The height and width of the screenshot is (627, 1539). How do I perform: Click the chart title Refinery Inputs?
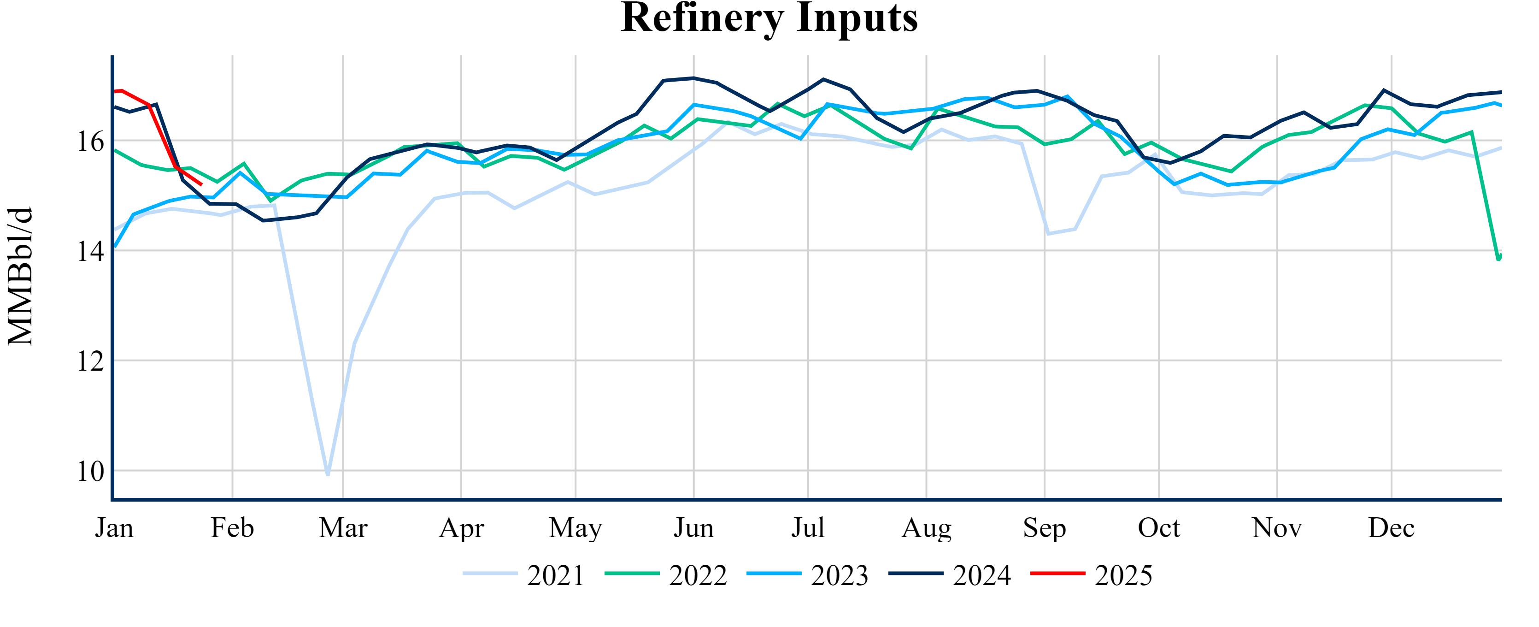click(769, 18)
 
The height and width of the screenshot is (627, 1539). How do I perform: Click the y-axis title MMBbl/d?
click(20, 277)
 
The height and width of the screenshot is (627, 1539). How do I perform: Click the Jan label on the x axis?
click(114, 528)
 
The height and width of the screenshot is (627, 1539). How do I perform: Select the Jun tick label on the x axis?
click(693, 528)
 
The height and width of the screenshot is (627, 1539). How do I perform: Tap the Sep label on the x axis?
click(1044, 528)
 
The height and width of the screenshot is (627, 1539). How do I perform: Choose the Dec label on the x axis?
click(1392, 528)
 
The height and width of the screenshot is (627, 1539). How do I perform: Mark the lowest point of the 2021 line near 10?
click(328, 474)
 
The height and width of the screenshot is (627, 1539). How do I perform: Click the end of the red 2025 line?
click(201, 185)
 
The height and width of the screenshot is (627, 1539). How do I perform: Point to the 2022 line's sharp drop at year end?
click(1498, 259)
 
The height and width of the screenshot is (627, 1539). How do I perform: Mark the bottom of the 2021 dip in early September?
click(1048, 234)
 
